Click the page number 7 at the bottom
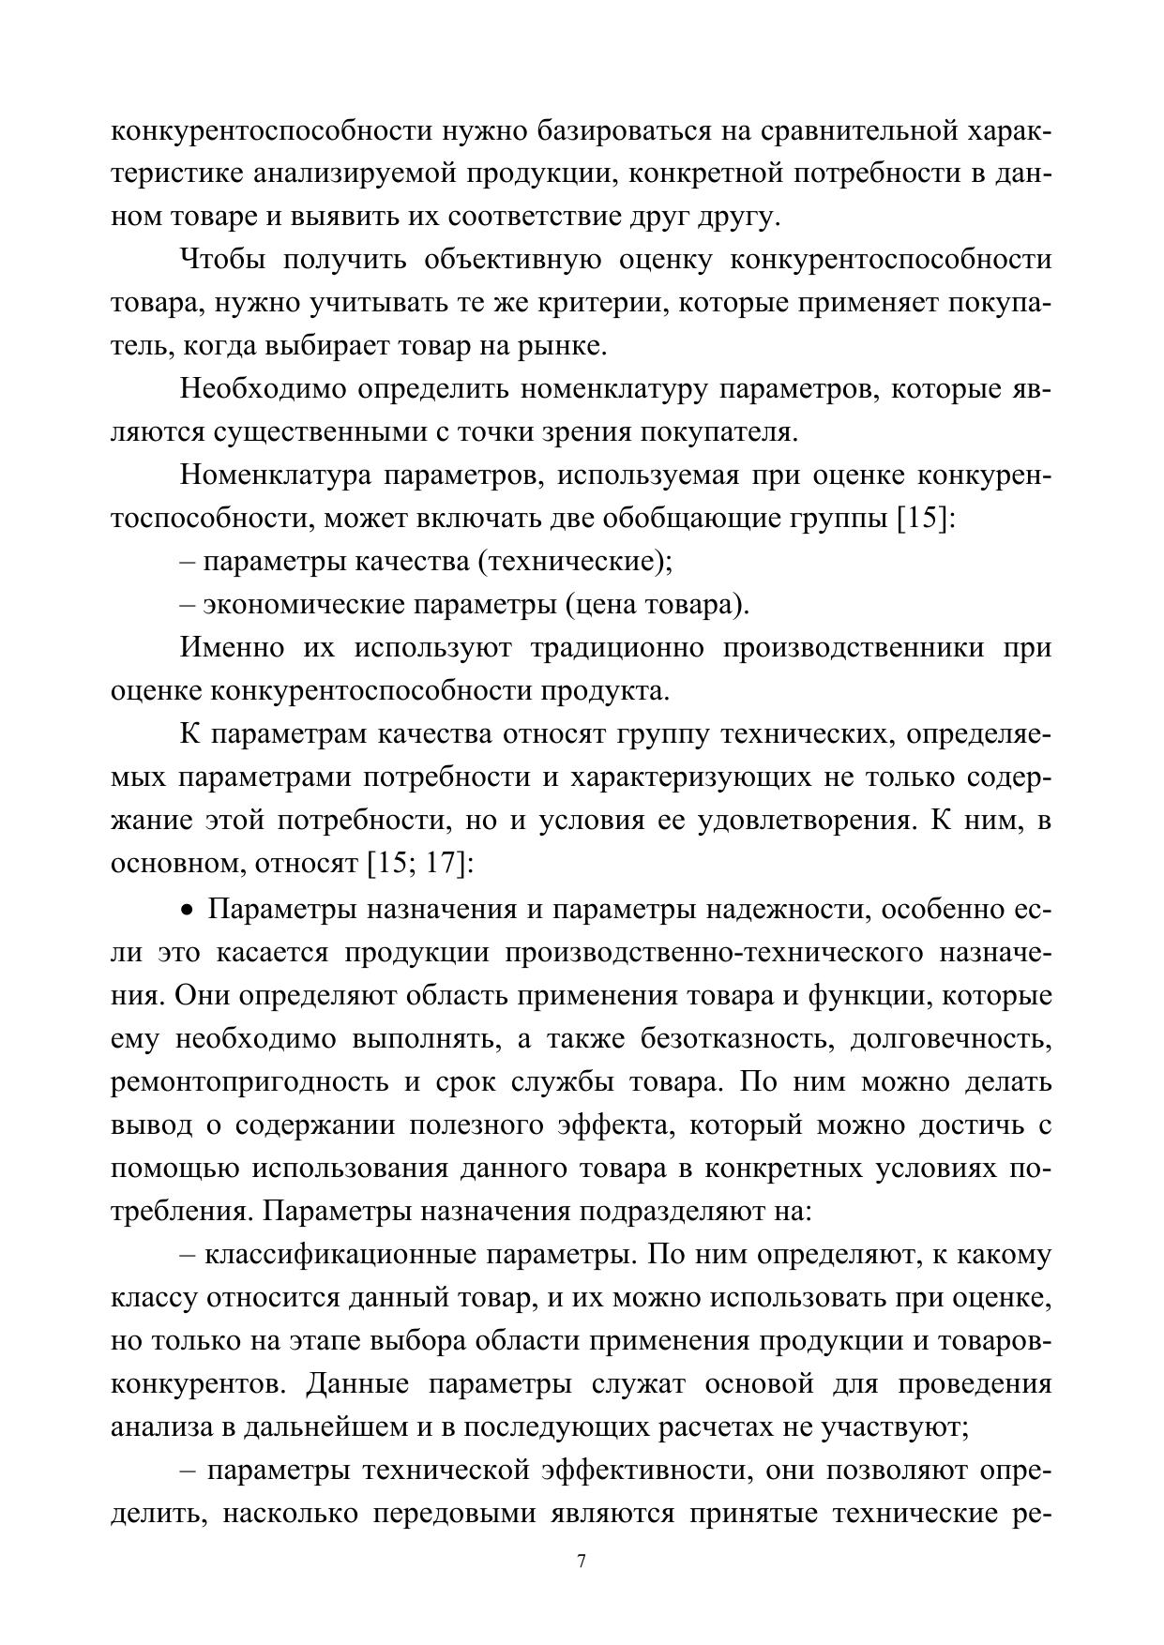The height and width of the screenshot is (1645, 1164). pos(582,1562)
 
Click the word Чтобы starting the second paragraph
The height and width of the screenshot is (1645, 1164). pos(222,260)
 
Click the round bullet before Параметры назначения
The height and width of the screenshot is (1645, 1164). pos(188,910)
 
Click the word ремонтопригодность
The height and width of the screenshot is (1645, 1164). pos(249,1081)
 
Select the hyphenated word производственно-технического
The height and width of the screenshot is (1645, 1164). pos(712,952)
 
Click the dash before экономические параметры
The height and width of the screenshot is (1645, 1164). pos(189,605)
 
